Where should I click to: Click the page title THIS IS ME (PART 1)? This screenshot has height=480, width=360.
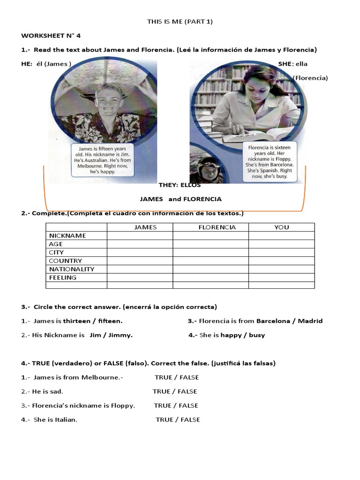[180, 22]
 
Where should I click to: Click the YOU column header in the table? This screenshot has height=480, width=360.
[282, 227]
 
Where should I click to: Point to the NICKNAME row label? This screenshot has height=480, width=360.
[67, 236]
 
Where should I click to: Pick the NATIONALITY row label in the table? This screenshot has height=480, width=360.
[72, 269]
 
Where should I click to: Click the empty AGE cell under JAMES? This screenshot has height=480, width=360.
[140, 244]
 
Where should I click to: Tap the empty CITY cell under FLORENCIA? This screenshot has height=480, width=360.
[210, 253]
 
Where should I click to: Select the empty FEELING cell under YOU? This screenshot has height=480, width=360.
[281, 277]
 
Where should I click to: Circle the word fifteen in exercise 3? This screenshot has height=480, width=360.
[109, 321]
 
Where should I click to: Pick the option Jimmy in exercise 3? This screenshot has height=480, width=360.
[123, 335]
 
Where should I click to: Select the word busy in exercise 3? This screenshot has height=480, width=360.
[257, 335]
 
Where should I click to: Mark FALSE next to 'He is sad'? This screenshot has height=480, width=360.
[187, 391]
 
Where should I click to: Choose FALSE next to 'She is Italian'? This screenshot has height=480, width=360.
[190, 420]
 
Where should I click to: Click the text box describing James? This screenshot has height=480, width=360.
[102, 160]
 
